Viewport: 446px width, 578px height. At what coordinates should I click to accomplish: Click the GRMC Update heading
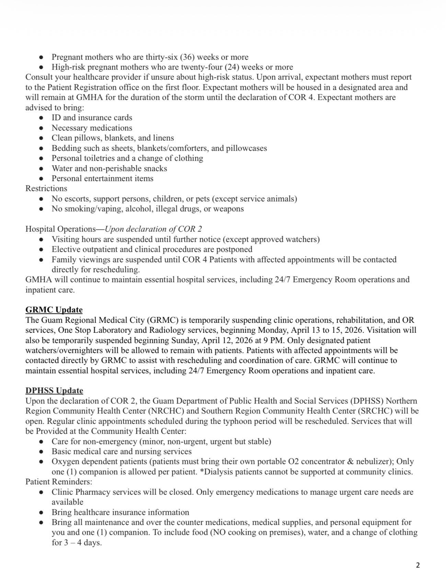[x=54, y=310]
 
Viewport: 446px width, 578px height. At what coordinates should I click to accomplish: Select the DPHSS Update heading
[x=54, y=391]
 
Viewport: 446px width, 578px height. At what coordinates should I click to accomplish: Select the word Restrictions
[x=46, y=188]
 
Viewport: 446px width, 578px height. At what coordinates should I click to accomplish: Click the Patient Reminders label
[x=58, y=482]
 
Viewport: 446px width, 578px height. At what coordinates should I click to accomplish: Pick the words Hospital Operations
[x=60, y=229]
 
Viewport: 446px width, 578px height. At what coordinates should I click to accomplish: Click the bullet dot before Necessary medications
[x=41, y=128]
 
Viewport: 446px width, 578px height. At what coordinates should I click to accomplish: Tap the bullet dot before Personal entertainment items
[x=41, y=178]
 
